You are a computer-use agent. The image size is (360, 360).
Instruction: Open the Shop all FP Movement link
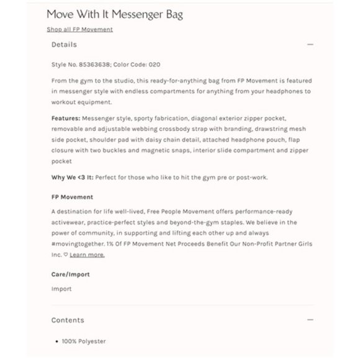tap(79, 29)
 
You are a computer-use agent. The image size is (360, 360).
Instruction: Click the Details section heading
tap(64, 45)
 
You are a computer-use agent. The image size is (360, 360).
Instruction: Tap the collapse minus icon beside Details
tap(310, 45)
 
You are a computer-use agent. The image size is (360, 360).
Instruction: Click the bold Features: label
tap(65, 118)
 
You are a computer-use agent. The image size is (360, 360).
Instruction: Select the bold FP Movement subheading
tap(72, 197)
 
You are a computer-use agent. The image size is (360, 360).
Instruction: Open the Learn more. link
tap(87, 254)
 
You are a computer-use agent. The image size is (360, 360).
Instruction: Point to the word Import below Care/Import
tap(61, 289)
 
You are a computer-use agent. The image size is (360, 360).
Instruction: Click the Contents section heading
tap(68, 320)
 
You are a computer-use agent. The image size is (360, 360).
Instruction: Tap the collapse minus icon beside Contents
tap(310, 320)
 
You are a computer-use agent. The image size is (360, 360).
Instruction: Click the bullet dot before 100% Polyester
tap(57, 341)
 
